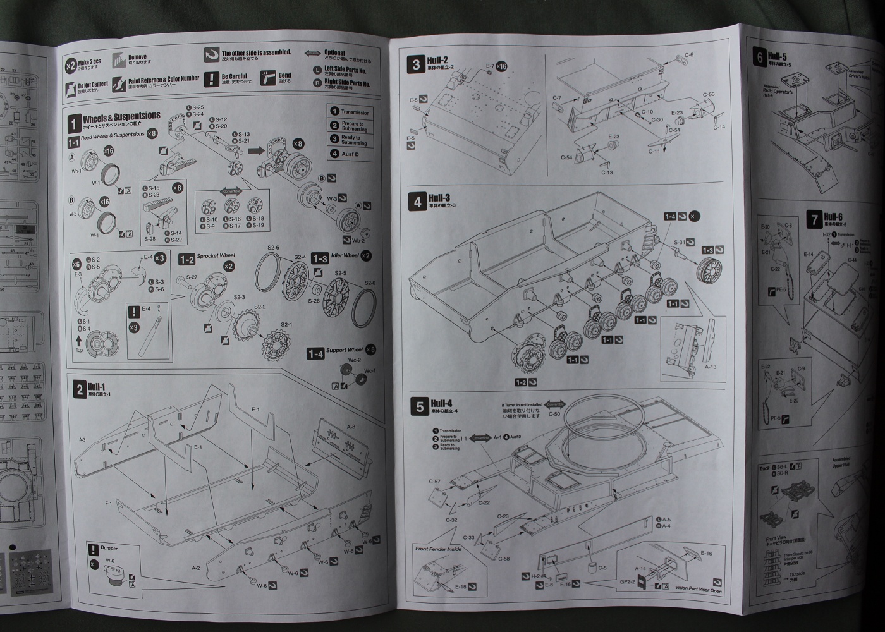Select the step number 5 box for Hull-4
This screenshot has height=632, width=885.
pyautogui.click(x=420, y=406)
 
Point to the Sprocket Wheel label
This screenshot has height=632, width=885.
pyautogui.click(x=216, y=256)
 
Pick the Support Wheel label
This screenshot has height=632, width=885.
pyautogui.click(x=345, y=350)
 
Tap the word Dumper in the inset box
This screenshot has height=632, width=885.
pyautogui.click(x=108, y=549)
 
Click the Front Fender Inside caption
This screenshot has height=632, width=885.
pyautogui.click(x=438, y=549)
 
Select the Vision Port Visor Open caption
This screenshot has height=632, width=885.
pyautogui.click(x=699, y=589)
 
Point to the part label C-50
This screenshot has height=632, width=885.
pyautogui.click(x=553, y=414)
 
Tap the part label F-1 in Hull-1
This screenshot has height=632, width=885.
pyautogui.click(x=109, y=503)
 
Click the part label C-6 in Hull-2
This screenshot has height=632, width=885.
pyautogui.click(x=688, y=55)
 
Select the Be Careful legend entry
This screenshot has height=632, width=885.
pyautogui.click(x=236, y=76)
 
